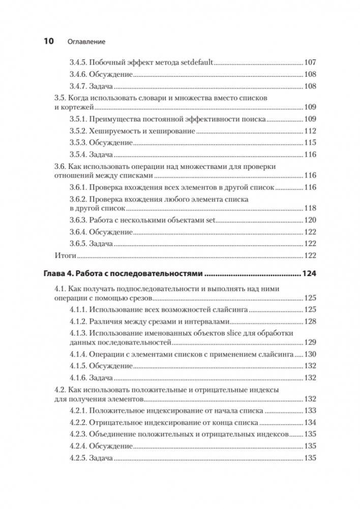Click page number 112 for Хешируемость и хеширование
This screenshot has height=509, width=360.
click(310, 130)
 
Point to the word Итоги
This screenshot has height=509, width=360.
click(65, 255)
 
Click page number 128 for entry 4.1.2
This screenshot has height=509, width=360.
click(310, 321)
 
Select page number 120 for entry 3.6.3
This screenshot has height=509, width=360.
click(310, 220)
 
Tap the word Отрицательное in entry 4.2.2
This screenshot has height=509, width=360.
click(114, 423)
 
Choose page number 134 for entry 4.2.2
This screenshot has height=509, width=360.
click(310, 423)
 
